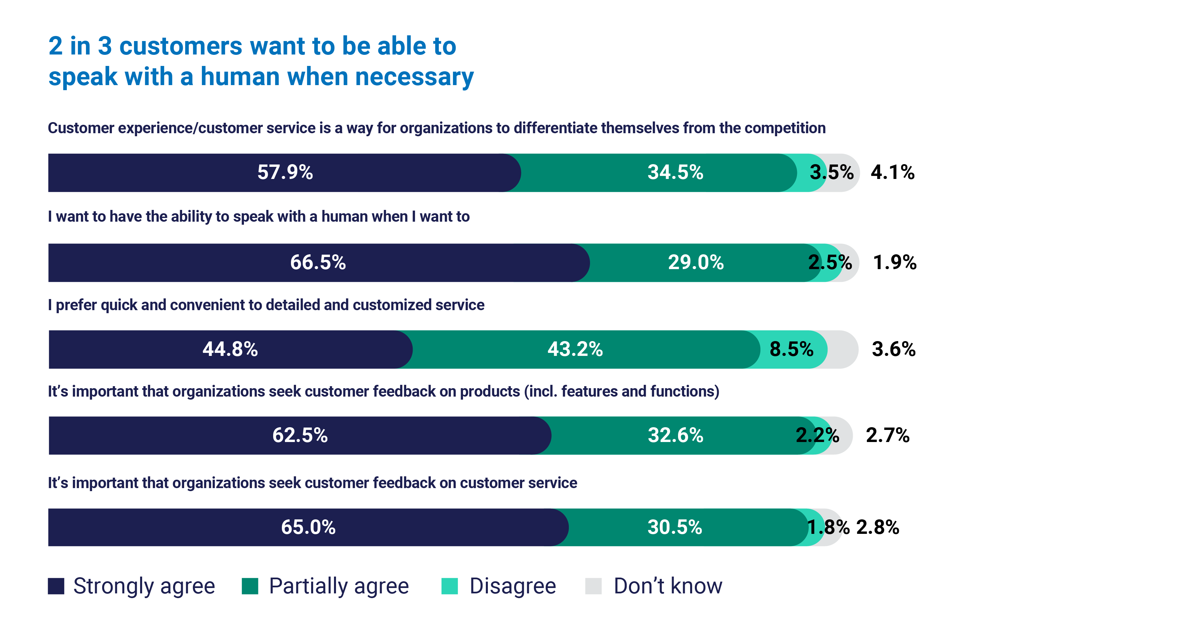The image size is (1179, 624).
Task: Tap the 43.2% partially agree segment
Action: pos(575,349)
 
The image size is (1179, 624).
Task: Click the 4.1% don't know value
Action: pos(892,173)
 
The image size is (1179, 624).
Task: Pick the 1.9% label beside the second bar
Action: pos(894,262)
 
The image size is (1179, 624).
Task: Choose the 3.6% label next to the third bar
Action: pos(893,349)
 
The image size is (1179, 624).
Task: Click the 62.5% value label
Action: pos(300,435)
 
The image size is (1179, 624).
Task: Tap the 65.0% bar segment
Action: pos(308,527)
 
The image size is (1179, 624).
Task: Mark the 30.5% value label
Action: pos(675,527)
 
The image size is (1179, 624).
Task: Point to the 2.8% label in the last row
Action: pos(877,527)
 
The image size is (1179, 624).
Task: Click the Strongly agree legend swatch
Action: pos(56,586)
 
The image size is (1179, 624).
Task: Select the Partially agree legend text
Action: pos(339,586)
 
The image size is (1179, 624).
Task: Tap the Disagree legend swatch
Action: pos(450,586)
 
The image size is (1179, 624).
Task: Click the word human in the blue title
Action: pos(240,76)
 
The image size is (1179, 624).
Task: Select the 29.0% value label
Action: pos(696,262)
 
